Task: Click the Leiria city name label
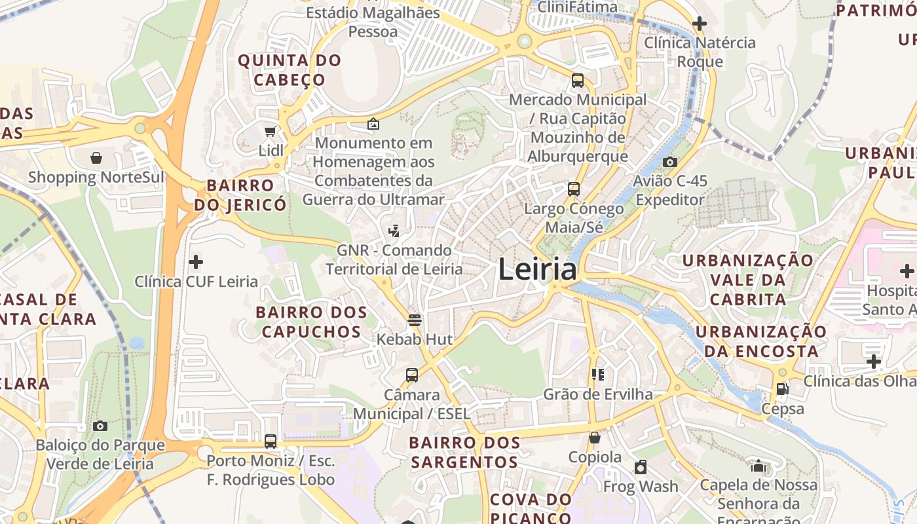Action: tap(537, 269)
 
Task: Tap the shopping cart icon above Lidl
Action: tap(270, 131)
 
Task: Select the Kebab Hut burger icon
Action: tap(414, 320)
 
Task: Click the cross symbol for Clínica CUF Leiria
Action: tap(195, 263)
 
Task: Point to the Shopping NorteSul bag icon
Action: tap(96, 158)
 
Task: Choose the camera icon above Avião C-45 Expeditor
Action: tap(669, 162)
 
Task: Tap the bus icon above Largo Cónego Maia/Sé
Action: tap(574, 189)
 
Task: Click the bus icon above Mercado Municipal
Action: tap(577, 81)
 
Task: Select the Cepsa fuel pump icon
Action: tap(782, 389)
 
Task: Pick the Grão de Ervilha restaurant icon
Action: tap(597, 375)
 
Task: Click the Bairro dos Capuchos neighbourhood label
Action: tap(309, 322)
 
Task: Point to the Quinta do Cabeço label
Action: tap(290, 70)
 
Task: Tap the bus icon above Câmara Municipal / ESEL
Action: tap(411, 375)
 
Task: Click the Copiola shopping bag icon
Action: tap(595, 438)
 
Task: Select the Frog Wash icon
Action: tap(641, 467)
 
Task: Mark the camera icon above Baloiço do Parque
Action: tap(100, 426)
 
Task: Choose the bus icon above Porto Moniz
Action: tap(270, 441)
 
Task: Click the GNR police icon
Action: tap(394, 231)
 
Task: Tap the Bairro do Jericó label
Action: tap(240, 195)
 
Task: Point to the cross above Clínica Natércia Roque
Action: tap(699, 24)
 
